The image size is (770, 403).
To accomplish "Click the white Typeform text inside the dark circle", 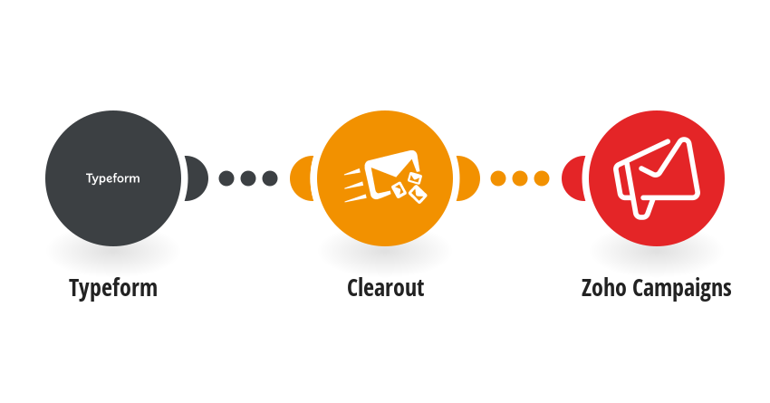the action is point(113,178).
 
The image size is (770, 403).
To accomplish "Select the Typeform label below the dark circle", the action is point(113,288).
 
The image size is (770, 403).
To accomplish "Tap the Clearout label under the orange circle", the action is point(386,288).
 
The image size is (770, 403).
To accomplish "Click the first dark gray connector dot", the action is point(226,178).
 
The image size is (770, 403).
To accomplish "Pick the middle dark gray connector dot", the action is point(248,178).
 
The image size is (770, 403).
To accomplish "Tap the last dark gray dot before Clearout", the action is point(270,178).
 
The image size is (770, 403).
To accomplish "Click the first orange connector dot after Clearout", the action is point(498,178).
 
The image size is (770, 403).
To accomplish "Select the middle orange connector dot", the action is point(520,178).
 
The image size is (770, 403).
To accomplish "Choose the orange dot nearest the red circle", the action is point(541,178).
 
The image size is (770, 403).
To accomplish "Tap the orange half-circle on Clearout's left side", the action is point(301,178).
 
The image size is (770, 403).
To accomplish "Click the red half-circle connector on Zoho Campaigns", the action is point(573,178).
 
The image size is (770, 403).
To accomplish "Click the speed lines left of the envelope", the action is point(354,185).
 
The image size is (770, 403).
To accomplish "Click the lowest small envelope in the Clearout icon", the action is point(419,195).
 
